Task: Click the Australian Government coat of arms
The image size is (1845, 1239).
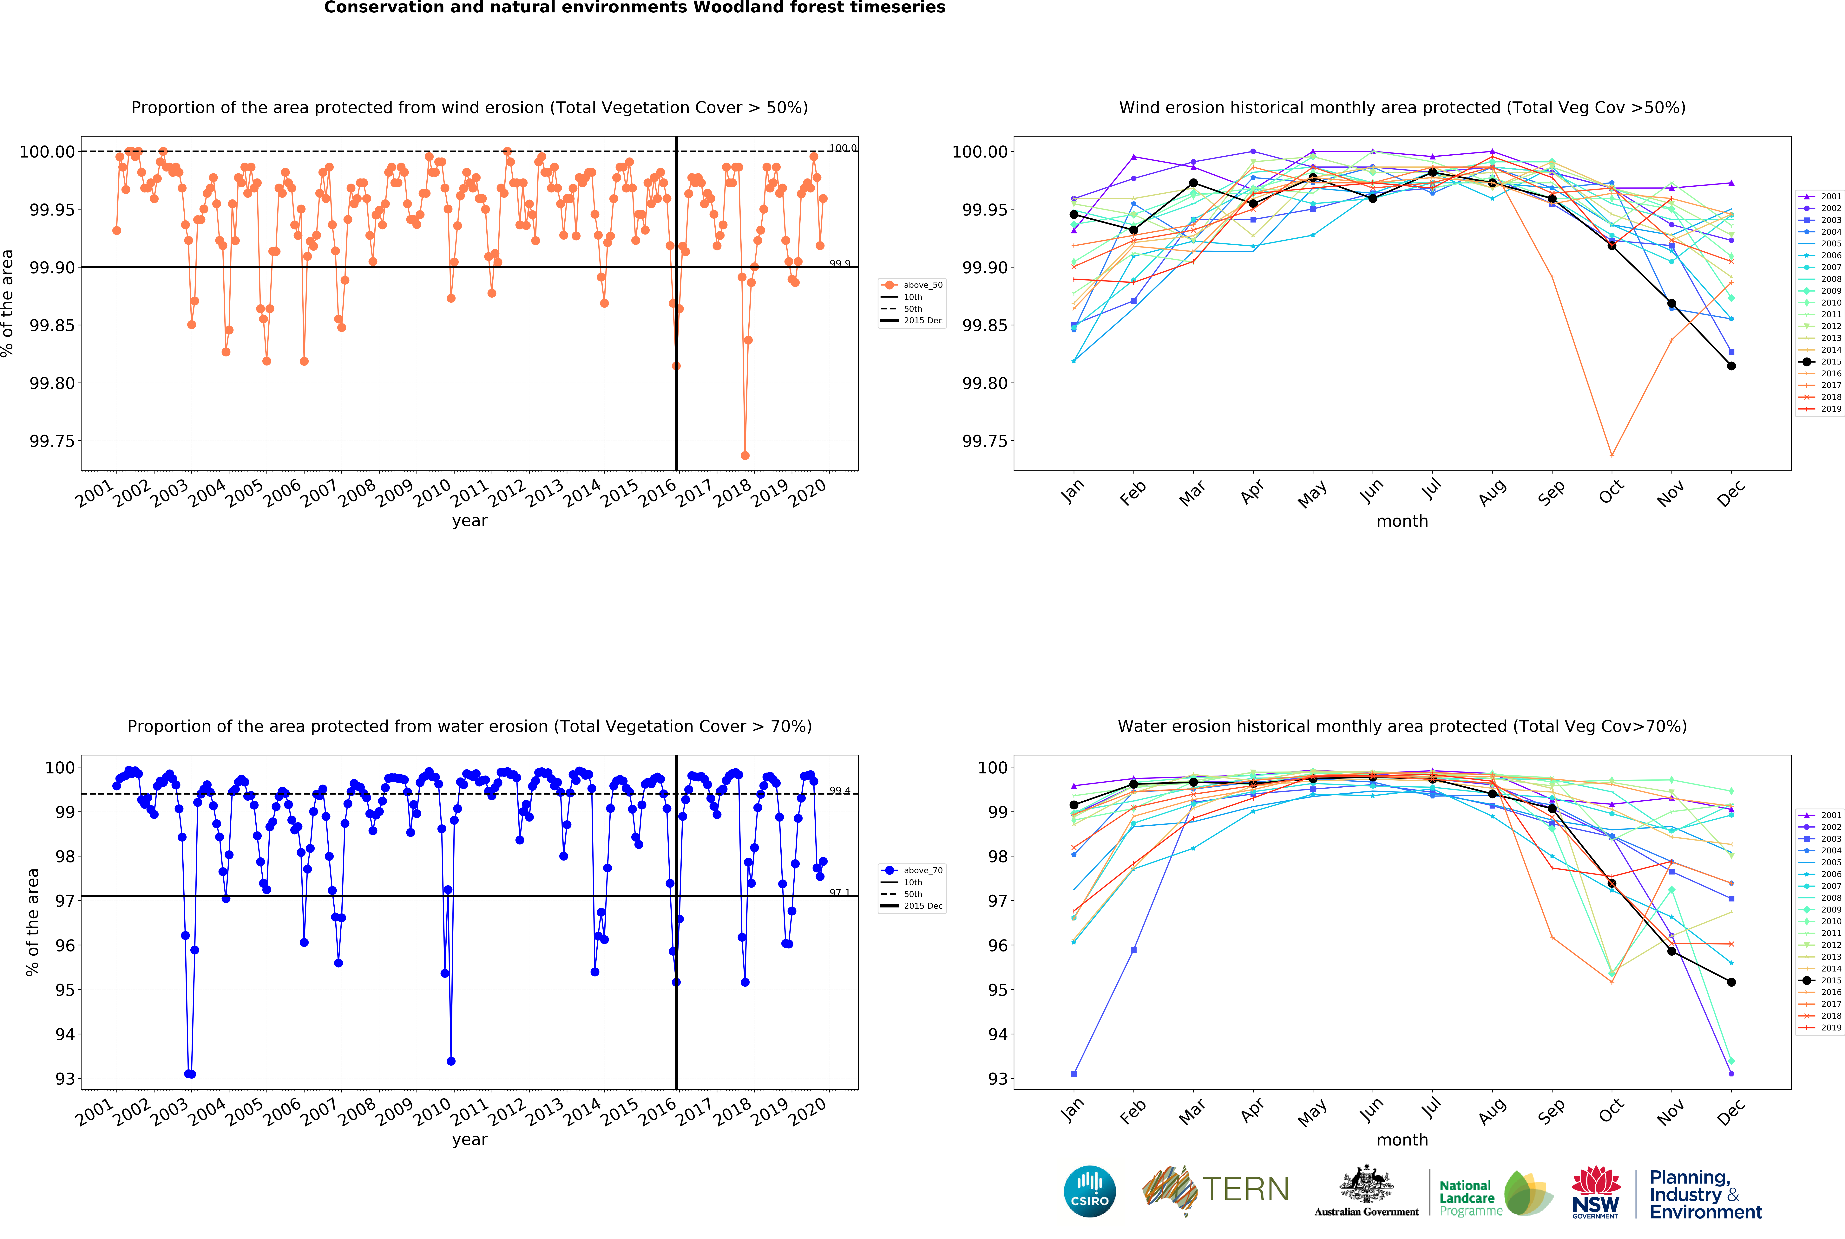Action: [x=1366, y=1185]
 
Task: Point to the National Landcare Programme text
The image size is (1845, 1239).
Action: [x=1466, y=1198]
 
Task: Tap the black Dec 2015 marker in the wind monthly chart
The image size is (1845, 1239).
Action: [x=1731, y=366]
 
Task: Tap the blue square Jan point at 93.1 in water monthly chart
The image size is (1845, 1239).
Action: [x=1074, y=1074]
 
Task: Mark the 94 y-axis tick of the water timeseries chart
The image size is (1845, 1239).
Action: [x=65, y=1034]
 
